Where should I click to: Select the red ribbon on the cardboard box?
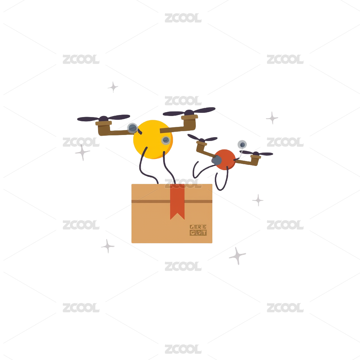click(178, 204)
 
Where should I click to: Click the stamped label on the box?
click(198, 230)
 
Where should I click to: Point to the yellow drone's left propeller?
click(103, 118)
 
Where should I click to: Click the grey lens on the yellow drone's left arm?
click(132, 128)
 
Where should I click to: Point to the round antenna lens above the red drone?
click(242, 144)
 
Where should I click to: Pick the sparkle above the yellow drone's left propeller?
click(113, 87)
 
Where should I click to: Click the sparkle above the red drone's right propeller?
click(272, 118)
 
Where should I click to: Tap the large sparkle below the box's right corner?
click(237, 256)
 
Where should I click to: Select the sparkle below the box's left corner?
click(108, 246)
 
